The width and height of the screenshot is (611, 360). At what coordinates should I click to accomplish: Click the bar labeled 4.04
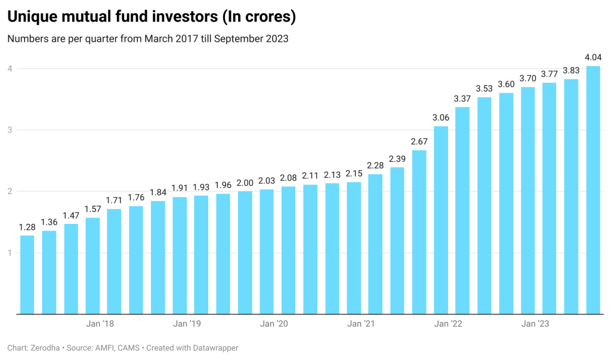pyautogui.click(x=593, y=190)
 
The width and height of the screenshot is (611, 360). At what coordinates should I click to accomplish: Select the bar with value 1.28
pyautogui.click(x=27, y=275)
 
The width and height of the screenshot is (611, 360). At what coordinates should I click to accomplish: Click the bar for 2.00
pyautogui.click(x=245, y=252)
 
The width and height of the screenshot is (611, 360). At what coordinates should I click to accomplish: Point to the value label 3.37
pyautogui.click(x=462, y=99)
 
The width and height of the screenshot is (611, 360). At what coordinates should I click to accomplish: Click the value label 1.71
pyautogui.click(x=114, y=200)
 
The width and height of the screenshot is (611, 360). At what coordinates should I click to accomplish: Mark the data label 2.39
pyautogui.click(x=397, y=159)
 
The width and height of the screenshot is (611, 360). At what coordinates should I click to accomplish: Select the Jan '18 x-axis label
pyautogui.click(x=100, y=324)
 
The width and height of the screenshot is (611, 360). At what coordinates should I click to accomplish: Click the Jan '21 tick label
pyautogui.click(x=361, y=324)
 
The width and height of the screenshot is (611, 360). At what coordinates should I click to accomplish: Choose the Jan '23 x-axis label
pyautogui.click(x=535, y=324)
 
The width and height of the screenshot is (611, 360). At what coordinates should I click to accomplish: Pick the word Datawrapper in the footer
pyautogui.click(x=208, y=347)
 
